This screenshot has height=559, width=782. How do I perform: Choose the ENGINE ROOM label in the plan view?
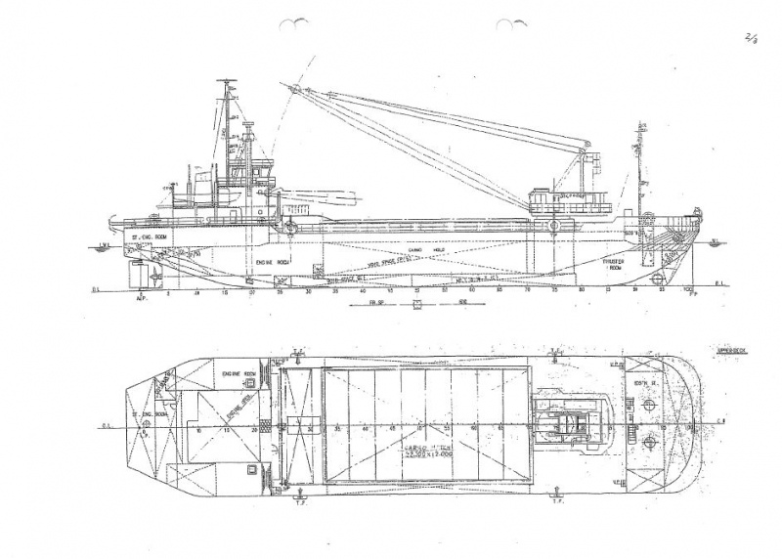pos(238,374)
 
